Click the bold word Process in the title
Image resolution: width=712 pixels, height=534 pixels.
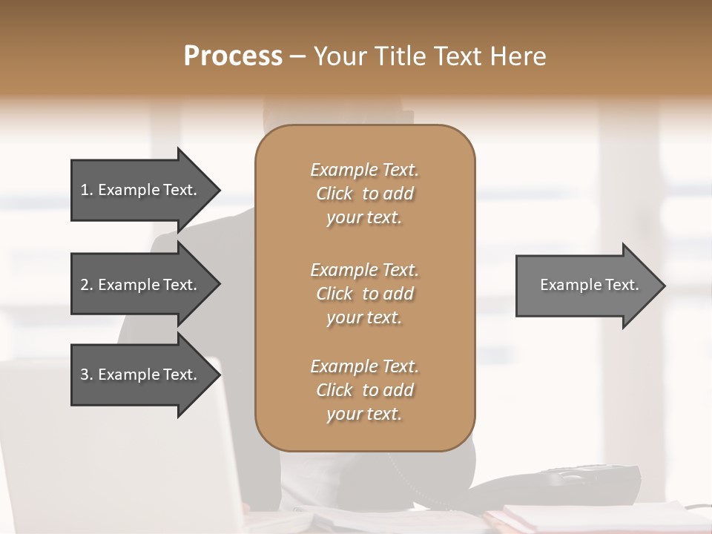[233, 56]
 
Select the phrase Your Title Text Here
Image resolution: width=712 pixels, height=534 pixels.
[430, 56]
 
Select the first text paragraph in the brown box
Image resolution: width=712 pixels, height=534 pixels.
[365, 194]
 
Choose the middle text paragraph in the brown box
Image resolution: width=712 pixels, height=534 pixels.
[365, 294]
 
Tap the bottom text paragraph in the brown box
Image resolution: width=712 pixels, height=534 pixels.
[365, 390]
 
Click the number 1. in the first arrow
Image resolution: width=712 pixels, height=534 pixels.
[86, 190]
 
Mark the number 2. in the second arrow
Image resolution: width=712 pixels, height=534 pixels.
[86, 285]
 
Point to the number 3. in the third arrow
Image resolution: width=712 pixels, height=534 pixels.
[86, 375]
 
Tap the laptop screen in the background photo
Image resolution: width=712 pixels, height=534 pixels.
[111, 445]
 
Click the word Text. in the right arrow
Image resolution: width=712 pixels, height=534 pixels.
[620, 285]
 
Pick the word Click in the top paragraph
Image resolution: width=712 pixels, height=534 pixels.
[334, 194]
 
